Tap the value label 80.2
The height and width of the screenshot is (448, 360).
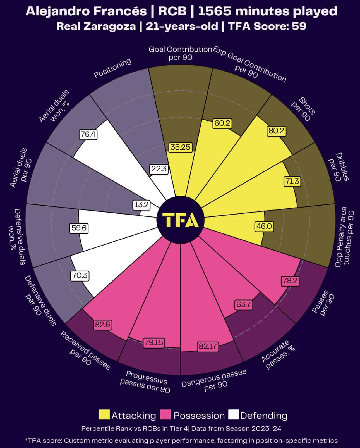pyautogui.click(x=276, y=131)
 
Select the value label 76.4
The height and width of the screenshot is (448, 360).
pyautogui.click(x=88, y=134)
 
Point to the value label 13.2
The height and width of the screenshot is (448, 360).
pyautogui.click(x=141, y=205)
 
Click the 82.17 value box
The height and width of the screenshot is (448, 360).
pyautogui.click(x=207, y=347)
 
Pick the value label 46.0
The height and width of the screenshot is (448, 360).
pyautogui.click(x=264, y=226)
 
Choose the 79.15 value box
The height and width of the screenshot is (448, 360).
pyautogui.click(x=154, y=342)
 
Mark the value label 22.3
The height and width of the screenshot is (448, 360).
pyautogui.click(x=159, y=169)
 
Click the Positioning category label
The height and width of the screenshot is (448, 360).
pyautogui.click(x=112, y=68)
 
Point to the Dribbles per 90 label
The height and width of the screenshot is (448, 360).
pyautogui.click(x=339, y=167)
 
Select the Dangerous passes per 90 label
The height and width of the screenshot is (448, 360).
pyautogui.click(x=214, y=380)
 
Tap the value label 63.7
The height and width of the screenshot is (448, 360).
pyautogui.click(x=243, y=304)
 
